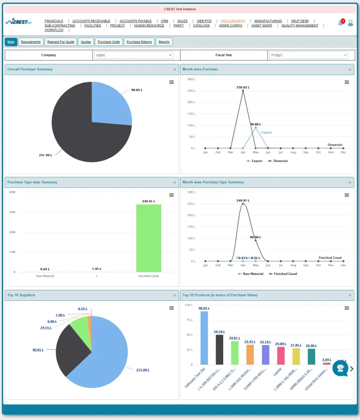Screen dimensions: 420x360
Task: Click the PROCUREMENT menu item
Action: tap(233, 21)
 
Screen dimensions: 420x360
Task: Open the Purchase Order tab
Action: tap(109, 42)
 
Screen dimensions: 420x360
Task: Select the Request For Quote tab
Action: tap(61, 42)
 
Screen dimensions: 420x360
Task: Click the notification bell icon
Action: tap(340, 23)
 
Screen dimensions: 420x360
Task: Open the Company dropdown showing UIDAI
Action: tap(134, 55)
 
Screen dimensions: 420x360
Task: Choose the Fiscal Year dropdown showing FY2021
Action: tap(308, 55)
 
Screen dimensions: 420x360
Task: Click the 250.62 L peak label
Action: tap(243, 87)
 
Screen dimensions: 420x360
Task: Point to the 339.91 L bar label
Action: tap(149, 201)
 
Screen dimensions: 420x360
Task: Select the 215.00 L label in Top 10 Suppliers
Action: tap(142, 370)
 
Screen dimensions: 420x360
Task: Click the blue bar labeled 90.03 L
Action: tap(204, 338)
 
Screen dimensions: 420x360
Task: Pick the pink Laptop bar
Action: tap(281, 355)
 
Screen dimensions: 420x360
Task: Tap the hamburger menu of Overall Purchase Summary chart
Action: tap(172, 82)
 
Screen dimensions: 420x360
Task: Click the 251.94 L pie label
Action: tap(45, 155)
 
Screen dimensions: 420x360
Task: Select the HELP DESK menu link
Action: tap(300, 21)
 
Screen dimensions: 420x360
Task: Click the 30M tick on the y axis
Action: tap(12, 212)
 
